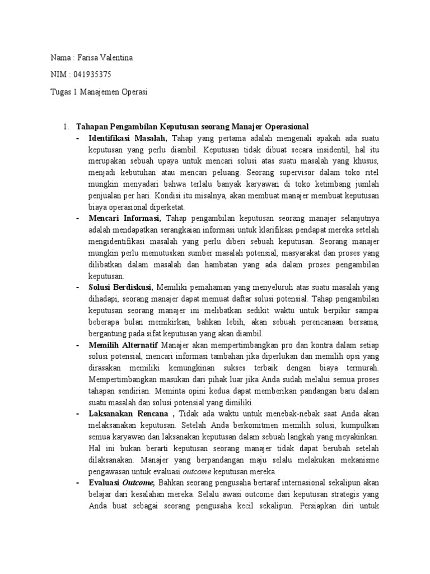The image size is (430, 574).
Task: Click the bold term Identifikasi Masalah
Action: (127, 138)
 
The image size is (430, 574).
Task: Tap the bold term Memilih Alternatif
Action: (123, 345)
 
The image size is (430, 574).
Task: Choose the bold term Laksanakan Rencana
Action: (128, 414)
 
